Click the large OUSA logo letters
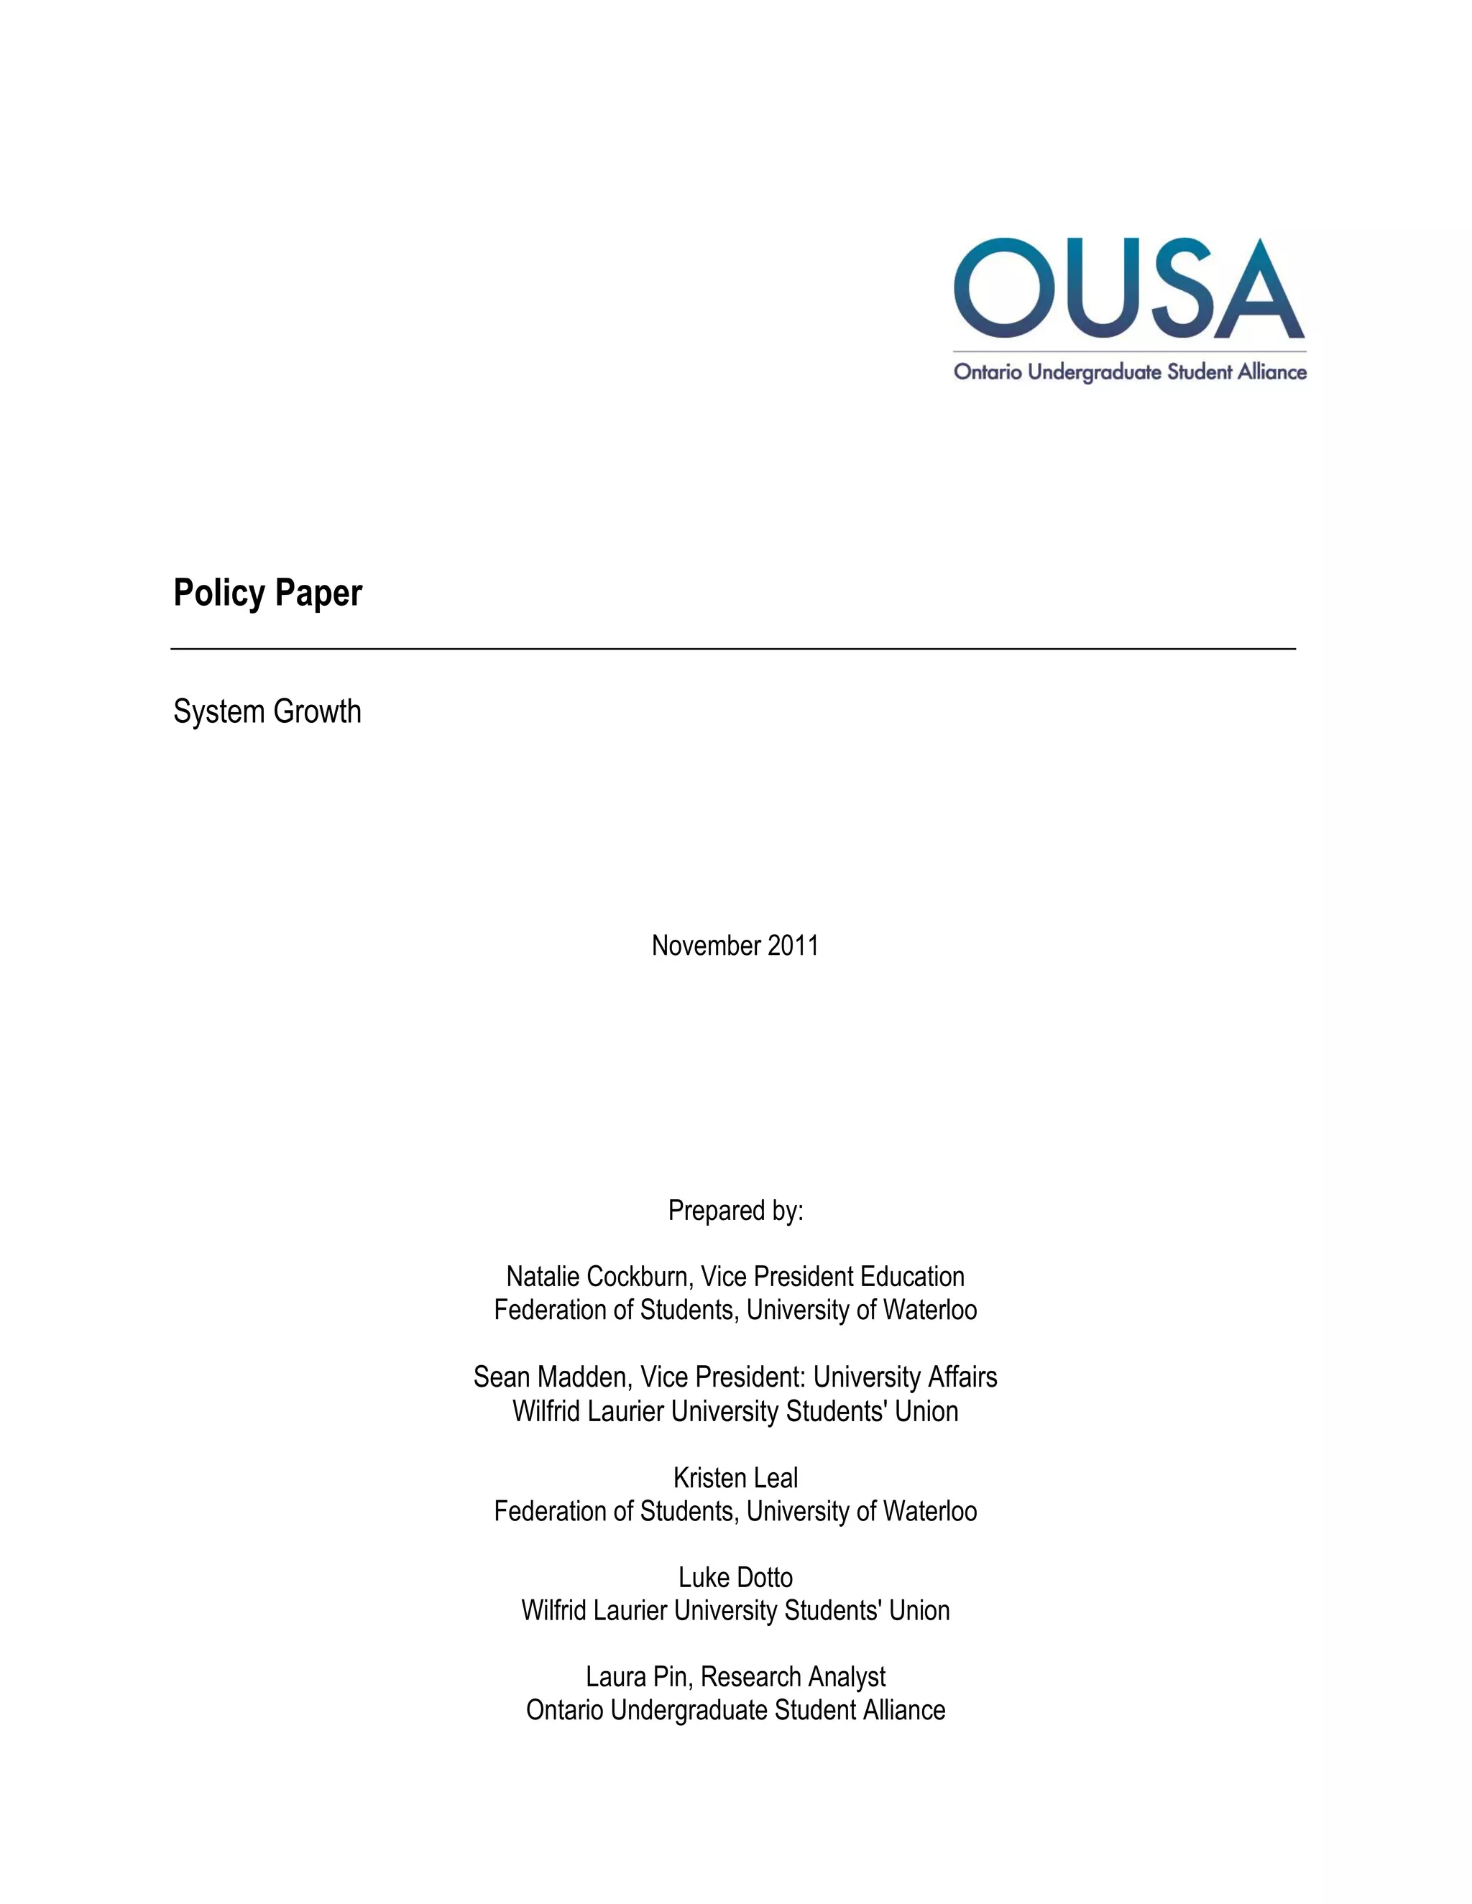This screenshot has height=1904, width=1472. [1129, 289]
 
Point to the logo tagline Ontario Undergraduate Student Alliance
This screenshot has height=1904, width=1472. [1129, 372]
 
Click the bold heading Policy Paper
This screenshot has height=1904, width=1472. [267, 593]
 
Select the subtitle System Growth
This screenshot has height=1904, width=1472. [267, 711]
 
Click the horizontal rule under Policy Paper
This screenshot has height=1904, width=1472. [732, 649]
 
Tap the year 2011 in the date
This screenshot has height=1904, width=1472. [793, 946]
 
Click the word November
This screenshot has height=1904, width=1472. [706, 946]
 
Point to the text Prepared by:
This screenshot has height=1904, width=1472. [735, 1210]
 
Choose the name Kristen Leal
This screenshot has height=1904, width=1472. [735, 1478]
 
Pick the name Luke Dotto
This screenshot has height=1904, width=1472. [735, 1577]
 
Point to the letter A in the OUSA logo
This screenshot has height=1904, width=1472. [1259, 289]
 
